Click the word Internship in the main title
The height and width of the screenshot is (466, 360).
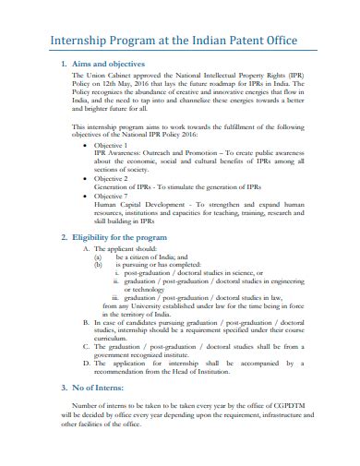(65, 40)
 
